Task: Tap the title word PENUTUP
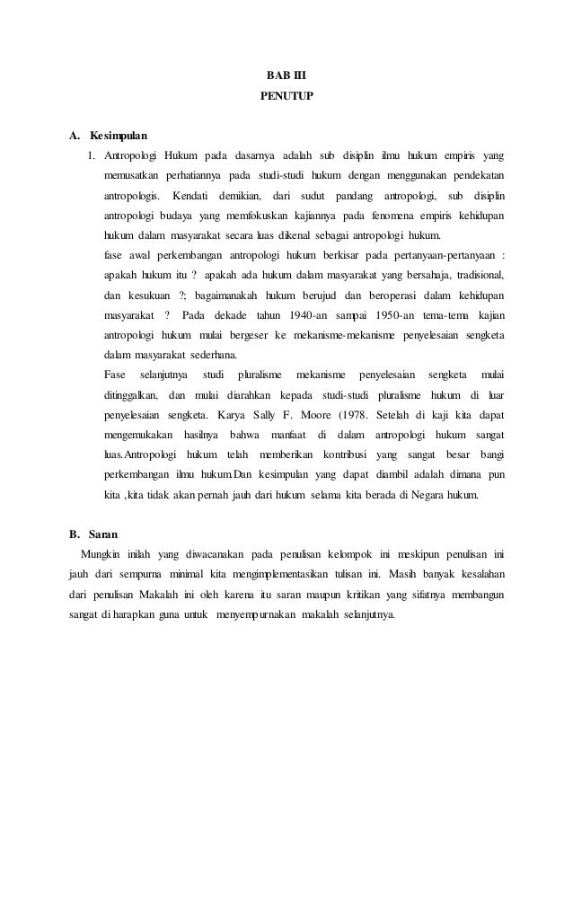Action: [x=286, y=93]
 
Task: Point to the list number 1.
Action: [x=91, y=155]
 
